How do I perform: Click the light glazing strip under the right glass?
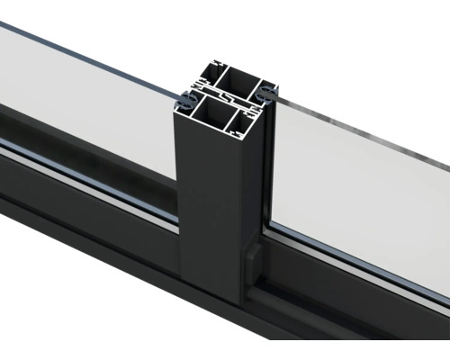pyautogui.click(x=360, y=265)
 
